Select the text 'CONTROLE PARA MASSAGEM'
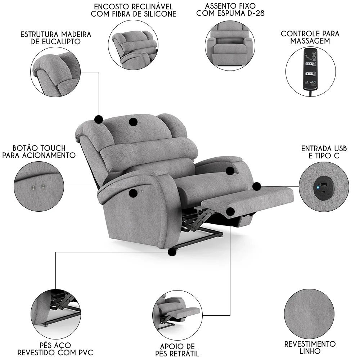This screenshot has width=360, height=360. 310,37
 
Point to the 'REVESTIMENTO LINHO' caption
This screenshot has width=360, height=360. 310,347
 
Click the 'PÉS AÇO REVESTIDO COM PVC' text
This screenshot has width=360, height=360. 55,348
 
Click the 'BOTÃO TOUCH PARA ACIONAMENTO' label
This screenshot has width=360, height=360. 39,152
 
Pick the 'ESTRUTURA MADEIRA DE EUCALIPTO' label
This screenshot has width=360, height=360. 56,38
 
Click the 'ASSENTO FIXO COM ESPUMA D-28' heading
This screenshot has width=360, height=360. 235,10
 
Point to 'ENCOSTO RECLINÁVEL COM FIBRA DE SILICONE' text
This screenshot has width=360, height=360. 134,10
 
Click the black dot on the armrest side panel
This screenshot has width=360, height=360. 133,193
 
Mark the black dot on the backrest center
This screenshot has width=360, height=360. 133,122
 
